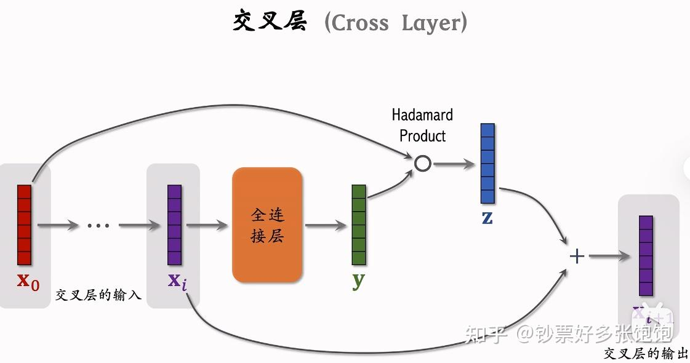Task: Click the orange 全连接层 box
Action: click(267, 225)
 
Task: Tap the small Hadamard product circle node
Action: click(423, 164)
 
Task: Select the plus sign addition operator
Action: click(577, 256)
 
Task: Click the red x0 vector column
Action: click(24, 225)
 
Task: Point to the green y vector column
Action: click(359, 225)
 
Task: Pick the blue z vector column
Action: click(487, 164)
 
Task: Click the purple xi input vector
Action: click(175, 225)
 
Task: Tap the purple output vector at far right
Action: click(646, 256)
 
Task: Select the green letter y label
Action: click(358, 280)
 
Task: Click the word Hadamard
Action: click(422, 115)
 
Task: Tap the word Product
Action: click(422, 135)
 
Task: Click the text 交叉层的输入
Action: click(98, 295)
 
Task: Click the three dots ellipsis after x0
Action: click(98, 226)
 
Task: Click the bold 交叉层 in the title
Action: click(270, 22)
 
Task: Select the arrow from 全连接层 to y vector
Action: click(326, 225)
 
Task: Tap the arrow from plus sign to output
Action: click(609, 256)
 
